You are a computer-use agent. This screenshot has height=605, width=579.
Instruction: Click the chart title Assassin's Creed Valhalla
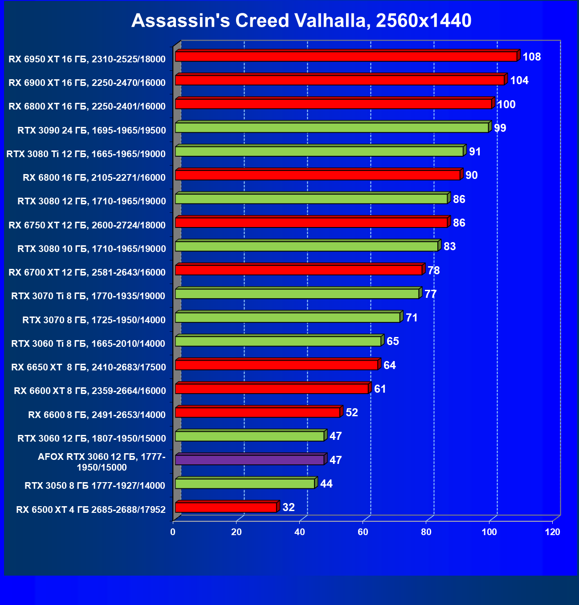(x=301, y=20)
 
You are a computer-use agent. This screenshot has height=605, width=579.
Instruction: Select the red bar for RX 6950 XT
(x=346, y=57)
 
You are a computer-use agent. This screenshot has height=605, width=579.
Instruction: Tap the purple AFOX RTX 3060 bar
(x=249, y=460)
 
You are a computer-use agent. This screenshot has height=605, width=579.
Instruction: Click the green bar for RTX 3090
(x=332, y=128)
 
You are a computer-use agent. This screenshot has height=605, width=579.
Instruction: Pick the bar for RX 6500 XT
(x=226, y=508)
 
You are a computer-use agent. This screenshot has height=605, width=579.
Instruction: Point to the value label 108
(x=532, y=57)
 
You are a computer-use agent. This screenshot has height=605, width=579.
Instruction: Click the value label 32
(x=289, y=508)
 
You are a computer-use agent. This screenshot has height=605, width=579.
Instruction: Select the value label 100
(x=506, y=105)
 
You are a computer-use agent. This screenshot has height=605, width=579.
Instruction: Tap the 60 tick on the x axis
(x=363, y=532)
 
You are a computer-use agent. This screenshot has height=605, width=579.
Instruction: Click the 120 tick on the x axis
(x=553, y=532)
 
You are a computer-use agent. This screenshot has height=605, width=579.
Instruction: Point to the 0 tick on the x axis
(x=173, y=532)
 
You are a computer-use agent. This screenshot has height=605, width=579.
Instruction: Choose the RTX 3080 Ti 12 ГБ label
(x=86, y=154)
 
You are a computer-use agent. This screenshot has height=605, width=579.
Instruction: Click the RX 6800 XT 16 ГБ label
(x=87, y=106)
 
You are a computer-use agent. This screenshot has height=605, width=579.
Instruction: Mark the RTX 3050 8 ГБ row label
(x=95, y=486)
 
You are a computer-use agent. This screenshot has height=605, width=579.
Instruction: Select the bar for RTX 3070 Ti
(x=297, y=294)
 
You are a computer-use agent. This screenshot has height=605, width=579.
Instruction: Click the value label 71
(x=412, y=318)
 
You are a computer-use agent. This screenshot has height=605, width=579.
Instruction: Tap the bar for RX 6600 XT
(x=272, y=389)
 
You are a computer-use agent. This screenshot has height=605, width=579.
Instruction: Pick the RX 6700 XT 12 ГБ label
(x=87, y=272)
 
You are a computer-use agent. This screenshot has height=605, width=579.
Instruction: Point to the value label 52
(x=352, y=413)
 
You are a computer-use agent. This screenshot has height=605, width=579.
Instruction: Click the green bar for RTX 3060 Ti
(x=278, y=341)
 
